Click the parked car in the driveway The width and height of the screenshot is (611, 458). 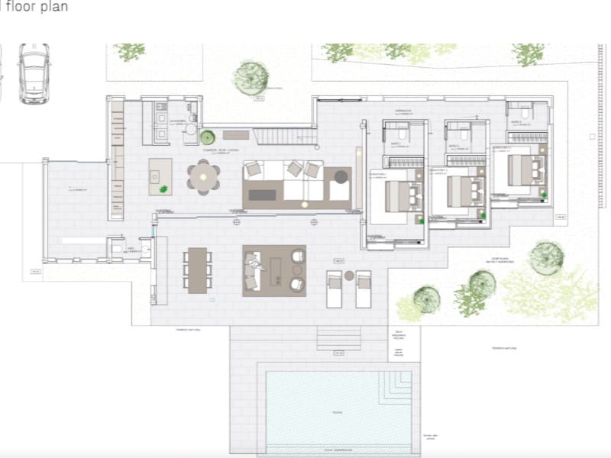tap(34, 73)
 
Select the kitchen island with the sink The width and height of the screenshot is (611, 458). tap(160, 176)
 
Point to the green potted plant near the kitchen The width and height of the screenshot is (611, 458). tap(207, 137)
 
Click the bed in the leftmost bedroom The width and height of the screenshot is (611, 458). tap(399, 197)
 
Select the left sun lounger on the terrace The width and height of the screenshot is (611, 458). tap(335, 288)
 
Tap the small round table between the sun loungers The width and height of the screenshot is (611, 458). tap(349, 275)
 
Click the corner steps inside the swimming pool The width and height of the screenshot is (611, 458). tap(400, 382)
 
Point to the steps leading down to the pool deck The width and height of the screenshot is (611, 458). tap(338, 338)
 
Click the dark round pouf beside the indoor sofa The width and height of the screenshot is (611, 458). tap(341, 176)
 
